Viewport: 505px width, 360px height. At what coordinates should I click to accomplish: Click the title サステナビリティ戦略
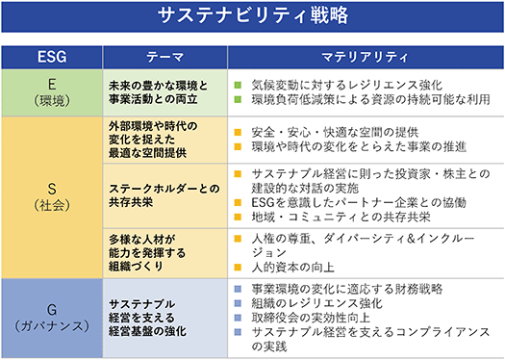pyautogui.click(x=253, y=15)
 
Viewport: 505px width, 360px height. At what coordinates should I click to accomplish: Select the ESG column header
pyautogui.click(x=52, y=57)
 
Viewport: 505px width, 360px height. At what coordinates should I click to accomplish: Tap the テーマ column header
pyautogui.click(x=164, y=57)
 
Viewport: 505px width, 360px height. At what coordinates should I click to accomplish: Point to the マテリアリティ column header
pyautogui.click(x=366, y=57)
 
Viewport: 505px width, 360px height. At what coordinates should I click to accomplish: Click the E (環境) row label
pyautogui.click(x=52, y=92)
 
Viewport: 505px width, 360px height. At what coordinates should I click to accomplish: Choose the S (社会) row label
pyautogui.click(x=52, y=196)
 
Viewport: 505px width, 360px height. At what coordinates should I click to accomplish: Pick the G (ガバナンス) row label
pyautogui.click(x=52, y=318)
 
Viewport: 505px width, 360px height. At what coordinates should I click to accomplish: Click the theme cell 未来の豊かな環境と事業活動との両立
pyautogui.click(x=158, y=92)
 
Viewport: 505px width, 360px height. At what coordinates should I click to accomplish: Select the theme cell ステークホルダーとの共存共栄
pyautogui.click(x=164, y=195)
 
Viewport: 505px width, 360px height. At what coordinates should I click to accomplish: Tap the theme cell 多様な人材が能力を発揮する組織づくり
pyautogui.click(x=147, y=253)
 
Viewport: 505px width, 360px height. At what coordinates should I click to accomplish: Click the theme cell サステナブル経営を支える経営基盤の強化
pyautogui.click(x=147, y=318)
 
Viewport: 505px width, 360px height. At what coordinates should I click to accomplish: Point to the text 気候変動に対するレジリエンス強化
pyautogui.click(x=347, y=85)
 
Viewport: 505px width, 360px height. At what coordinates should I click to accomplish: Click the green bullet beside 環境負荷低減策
pyautogui.click(x=238, y=99)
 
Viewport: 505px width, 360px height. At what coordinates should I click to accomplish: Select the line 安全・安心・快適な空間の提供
pyautogui.click(x=335, y=132)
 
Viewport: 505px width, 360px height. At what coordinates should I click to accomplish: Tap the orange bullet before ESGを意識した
pyautogui.click(x=238, y=202)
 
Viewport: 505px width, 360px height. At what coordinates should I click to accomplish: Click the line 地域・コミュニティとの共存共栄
pyautogui.click(x=341, y=217)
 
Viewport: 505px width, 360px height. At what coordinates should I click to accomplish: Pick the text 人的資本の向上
pyautogui.click(x=293, y=268)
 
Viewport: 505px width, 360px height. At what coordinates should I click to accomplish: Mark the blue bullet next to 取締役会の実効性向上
pyautogui.click(x=238, y=318)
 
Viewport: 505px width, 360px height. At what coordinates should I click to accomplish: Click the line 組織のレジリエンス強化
pyautogui.click(x=316, y=303)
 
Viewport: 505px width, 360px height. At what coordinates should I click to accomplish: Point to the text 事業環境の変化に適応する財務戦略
pyautogui.click(x=347, y=289)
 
